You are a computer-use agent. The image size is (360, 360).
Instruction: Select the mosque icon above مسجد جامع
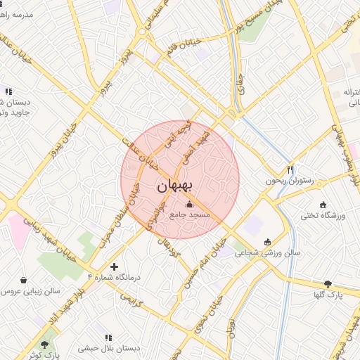(x=187, y=205)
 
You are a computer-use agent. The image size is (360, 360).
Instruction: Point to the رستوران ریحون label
(x=288, y=181)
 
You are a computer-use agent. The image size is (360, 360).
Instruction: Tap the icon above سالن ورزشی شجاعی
(x=267, y=243)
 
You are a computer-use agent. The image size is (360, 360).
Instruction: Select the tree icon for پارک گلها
(x=328, y=284)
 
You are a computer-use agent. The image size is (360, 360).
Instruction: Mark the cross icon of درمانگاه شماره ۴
(x=115, y=266)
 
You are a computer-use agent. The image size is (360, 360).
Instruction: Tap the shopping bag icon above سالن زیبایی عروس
(x=25, y=279)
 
